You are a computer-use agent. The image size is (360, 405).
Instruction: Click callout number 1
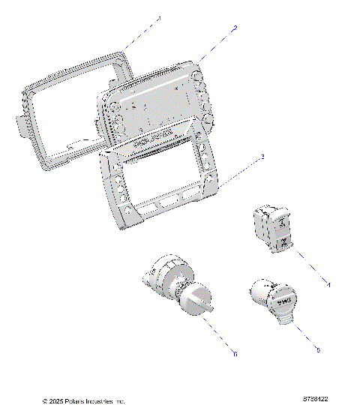(158, 16)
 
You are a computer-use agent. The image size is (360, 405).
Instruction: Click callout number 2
(235, 28)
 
